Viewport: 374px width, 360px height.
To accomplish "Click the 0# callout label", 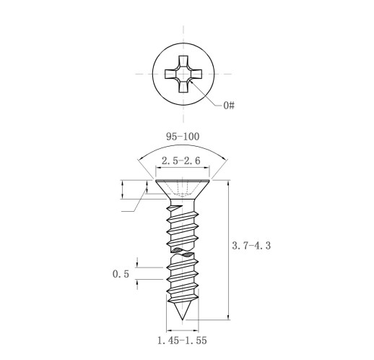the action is tap(229, 106).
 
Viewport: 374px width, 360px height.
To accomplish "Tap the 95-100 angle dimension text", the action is tap(183, 137).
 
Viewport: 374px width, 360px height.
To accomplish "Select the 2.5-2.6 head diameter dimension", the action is tap(181, 160).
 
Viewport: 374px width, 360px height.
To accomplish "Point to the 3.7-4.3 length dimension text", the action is tap(251, 246).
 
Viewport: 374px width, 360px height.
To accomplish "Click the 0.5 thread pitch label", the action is tap(121, 274).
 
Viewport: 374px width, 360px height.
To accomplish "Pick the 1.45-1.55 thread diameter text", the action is tap(182, 340).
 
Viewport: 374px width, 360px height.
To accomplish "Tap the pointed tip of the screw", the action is tap(183, 320).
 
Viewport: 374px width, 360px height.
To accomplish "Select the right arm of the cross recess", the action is tap(196, 74).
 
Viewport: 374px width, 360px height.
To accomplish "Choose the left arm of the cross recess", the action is tap(170, 74).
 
